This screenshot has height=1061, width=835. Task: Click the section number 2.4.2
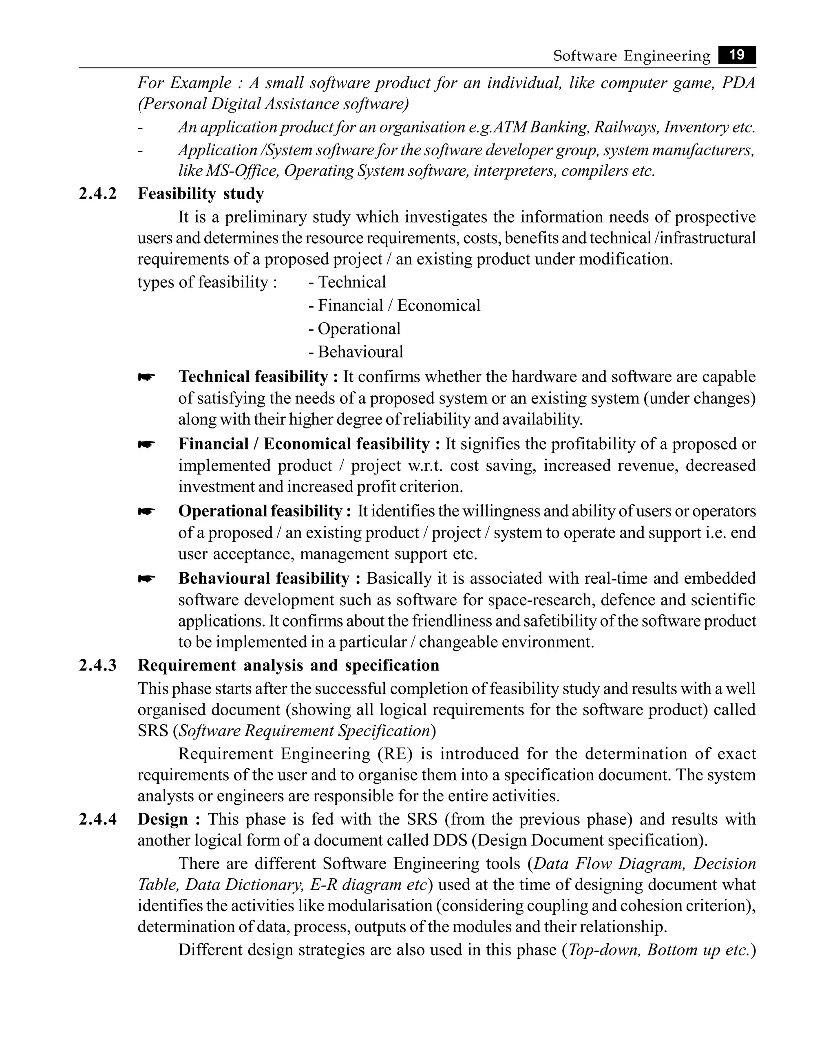pos(98,194)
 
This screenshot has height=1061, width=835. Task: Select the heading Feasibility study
pos(201,194)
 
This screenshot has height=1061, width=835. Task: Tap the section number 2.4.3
pos(98,666)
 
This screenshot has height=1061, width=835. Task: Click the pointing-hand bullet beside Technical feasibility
pos(146,377)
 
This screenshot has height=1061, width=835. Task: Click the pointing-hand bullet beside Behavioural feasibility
pos(146,579)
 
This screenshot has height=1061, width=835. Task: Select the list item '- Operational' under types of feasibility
pos(354,329)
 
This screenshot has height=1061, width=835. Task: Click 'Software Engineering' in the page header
pos(631,56)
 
